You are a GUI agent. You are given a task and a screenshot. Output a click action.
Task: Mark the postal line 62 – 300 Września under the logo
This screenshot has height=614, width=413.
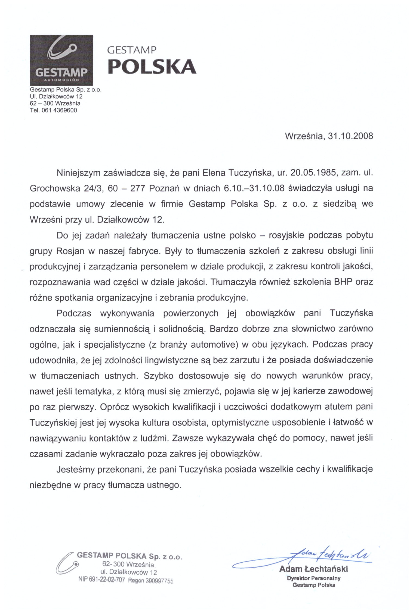point(55,103)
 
